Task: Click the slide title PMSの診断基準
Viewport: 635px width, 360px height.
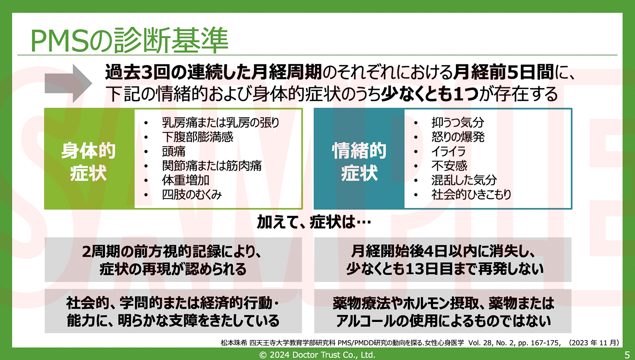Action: point(129,40)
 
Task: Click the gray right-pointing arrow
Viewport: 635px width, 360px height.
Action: point(68,83)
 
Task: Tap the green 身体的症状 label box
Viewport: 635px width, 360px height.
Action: point(89,159)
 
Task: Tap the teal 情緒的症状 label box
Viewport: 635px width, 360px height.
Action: point(359,159)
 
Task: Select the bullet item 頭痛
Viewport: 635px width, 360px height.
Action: point(174,152)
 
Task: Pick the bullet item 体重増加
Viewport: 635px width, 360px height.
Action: point(185,180)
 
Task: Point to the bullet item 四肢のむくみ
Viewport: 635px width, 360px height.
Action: point(192,194)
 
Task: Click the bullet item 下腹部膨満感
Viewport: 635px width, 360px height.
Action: point(197,137)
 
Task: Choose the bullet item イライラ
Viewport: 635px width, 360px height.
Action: point(448,152)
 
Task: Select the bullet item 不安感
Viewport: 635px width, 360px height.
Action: point(449,166)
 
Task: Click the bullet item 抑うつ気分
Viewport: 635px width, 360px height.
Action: point(458,122)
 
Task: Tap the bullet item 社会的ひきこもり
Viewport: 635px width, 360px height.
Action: point(471,194)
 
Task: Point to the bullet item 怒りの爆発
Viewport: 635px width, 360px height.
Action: point(458,137)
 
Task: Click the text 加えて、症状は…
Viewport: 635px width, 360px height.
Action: point(314,222)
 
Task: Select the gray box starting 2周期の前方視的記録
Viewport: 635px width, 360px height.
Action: point(173,260)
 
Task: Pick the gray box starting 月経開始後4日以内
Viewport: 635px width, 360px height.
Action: point(443,260)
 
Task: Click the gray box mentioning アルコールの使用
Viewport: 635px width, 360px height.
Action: point(443,311)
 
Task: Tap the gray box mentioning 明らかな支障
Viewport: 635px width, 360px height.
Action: point(173,311)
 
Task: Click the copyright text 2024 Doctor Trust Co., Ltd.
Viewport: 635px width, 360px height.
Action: point(317,355)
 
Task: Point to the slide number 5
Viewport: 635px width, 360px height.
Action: point(627,355)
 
